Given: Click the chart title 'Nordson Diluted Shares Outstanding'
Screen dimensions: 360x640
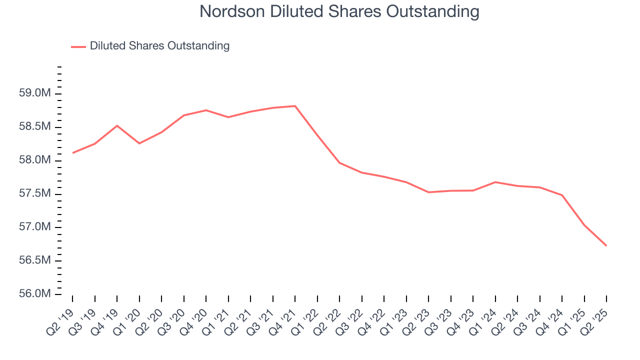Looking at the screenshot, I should (x=339, y=11).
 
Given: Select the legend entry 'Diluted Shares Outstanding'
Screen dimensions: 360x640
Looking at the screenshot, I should (x=159, y=46).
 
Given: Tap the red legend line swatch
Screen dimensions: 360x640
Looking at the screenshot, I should (x=78, y=46).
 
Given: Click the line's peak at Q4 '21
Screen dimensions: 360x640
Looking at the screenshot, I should (x=295, y=106).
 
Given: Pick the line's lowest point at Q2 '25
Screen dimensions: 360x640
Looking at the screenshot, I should (x=606, y=245).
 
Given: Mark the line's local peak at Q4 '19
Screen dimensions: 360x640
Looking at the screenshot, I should (x=117, y=125).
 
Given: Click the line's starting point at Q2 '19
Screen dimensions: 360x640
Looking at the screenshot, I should (x=73, y=153).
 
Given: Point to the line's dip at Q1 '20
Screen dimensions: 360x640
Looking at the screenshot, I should (x=139, y=143).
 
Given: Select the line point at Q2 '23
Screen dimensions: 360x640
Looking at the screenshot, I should (x=428, y=192).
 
